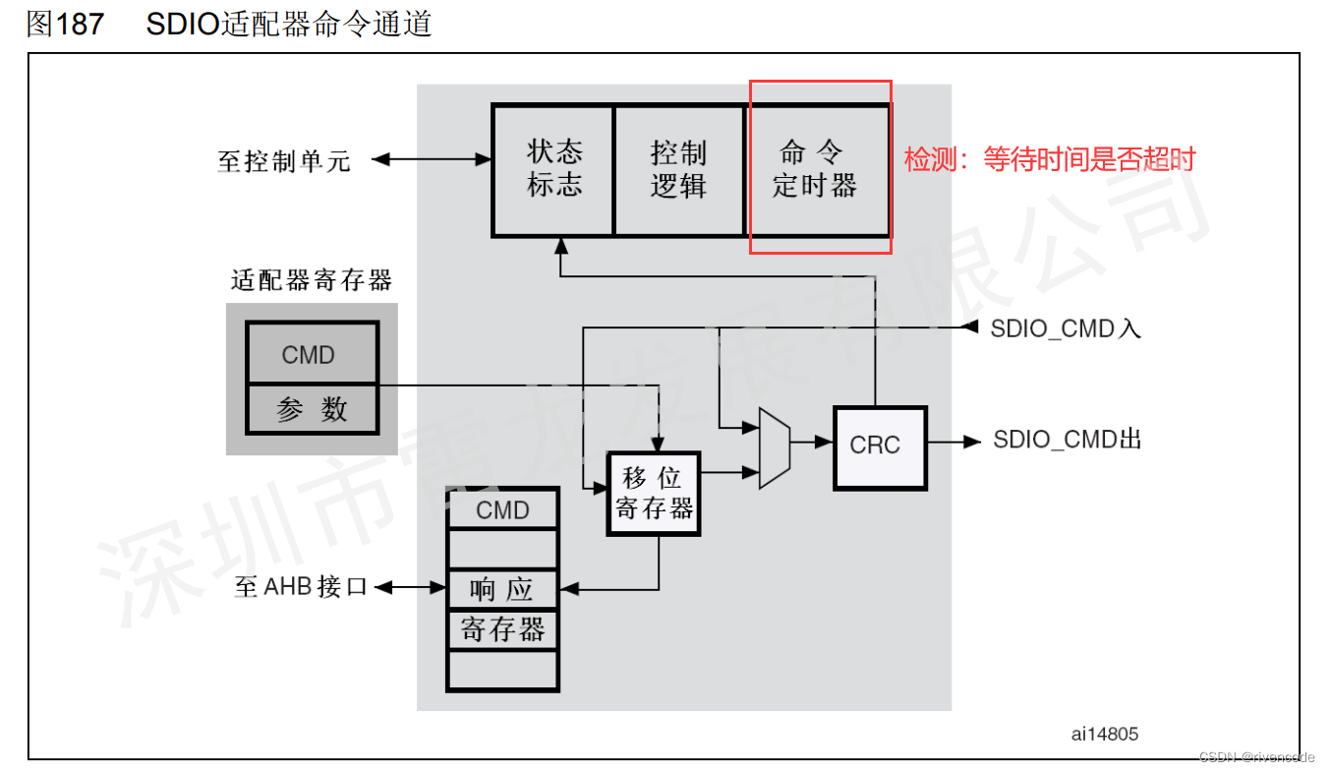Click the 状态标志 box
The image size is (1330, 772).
pos(553,170)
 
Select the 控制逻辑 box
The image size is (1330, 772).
pos(678,170)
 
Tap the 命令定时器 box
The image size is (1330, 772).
pos(815,170)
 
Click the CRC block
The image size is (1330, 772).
pos(880,445)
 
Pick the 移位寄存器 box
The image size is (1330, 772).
pos(654,494)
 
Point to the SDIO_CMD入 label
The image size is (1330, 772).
pos(1066,328)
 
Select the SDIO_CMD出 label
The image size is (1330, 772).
pos(1068,440)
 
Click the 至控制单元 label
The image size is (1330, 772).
pos(284,160)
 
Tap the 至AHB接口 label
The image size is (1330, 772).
pos(302,588)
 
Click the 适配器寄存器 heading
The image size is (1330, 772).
pos(312,281)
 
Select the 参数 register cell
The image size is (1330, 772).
pos(312,409)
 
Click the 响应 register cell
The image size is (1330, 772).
pos(502,589)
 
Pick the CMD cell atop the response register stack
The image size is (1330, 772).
pos(502,510)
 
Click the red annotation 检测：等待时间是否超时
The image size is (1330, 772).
pos(1049,159)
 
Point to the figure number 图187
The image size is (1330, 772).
pos(65,24)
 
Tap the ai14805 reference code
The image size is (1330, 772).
pos(1105,733)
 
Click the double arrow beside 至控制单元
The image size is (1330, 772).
pos(432,158)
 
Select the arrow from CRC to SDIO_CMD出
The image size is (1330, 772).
pos(954,443)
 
